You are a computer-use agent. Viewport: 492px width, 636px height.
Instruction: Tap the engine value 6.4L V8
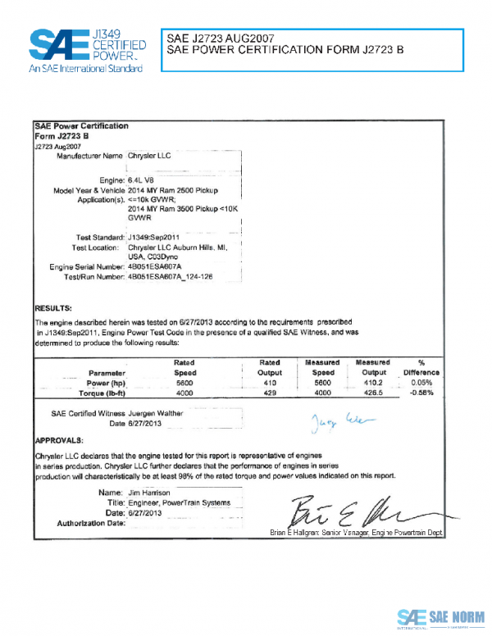(x=144, y=178)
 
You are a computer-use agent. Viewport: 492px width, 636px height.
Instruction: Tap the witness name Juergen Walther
(x=156, y=414)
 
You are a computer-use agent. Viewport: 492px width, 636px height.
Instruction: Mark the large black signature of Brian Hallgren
(x=344, y=511)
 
